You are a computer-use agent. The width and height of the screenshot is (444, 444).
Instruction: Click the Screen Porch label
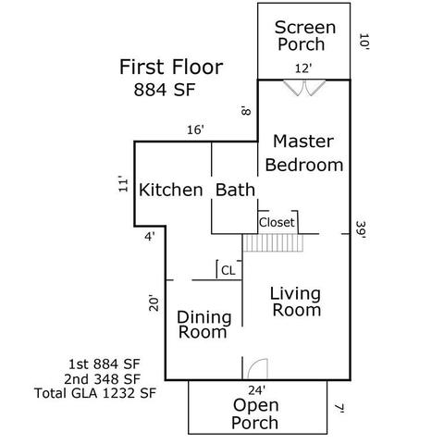(305, 36)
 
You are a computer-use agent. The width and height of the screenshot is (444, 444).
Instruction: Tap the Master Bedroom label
(304, 153)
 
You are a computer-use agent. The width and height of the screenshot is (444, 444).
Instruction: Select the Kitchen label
(171, 190)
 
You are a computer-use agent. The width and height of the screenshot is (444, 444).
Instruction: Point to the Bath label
(235, 190)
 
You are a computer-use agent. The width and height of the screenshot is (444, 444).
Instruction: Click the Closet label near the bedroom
(277, 222)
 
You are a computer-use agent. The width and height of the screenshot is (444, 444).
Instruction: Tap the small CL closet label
(228, 271)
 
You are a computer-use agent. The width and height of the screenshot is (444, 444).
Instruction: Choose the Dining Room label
(204, 325)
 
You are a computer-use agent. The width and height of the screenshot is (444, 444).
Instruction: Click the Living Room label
(295, 302)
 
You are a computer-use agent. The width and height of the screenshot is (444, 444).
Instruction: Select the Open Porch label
(255, 413)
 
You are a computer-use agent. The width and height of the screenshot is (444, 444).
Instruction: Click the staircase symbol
(273, 243)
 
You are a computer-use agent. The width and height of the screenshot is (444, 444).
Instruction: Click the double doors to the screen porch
(304, 88)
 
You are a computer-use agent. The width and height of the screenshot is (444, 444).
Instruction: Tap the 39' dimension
(361, 231)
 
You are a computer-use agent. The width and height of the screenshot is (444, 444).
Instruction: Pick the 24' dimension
(257, 390)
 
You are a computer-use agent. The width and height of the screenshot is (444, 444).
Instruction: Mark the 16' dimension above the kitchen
(196, 129)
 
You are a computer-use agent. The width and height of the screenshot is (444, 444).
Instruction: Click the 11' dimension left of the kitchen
(123, 184)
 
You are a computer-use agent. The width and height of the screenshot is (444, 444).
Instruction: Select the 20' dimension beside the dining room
(154, 303)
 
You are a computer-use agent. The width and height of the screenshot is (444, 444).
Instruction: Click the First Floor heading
(171, 67)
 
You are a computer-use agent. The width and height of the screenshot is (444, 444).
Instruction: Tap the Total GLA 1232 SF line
(95, 393)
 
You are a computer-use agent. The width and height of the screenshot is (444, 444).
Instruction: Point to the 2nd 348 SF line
(103, 378)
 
